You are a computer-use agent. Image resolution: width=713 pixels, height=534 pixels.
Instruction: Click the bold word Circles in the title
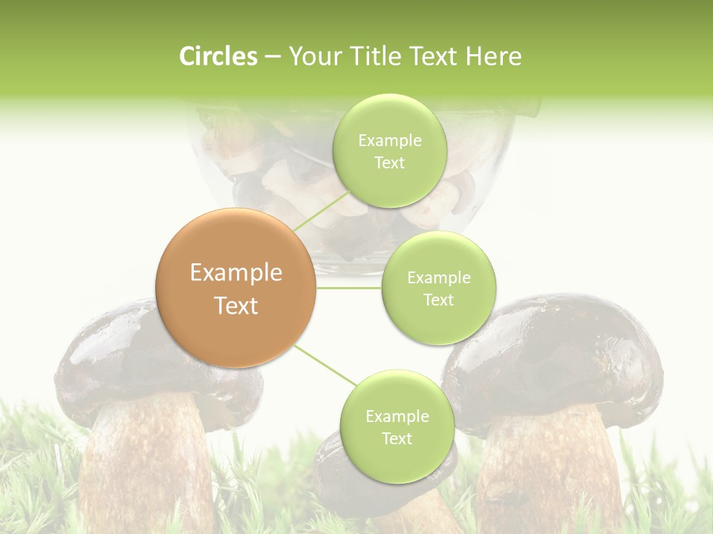tap(218, 56)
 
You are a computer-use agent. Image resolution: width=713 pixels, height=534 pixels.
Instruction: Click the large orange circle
tap(235, 288)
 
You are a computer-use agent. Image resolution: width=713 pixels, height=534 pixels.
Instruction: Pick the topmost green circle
tap(388, 151)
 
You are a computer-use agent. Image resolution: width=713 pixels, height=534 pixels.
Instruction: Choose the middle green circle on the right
tap(438, 288)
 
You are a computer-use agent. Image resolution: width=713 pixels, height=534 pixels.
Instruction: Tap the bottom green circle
tap(397, 426)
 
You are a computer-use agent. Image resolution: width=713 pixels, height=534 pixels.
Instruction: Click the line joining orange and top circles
tap(321, 211)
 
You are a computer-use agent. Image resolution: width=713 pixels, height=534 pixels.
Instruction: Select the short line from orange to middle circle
tap(348, 287)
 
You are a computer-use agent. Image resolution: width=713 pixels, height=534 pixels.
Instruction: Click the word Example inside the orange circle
tap(235, 273)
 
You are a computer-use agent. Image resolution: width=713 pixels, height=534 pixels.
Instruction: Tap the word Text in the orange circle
tap(235, 306)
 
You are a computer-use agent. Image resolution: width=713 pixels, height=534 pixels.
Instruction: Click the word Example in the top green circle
tap(389, 140)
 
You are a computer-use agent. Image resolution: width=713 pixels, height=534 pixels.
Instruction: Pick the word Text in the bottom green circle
tap(397, 438)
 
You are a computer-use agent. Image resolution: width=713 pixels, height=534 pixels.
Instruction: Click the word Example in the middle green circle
tap(438, 277)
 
